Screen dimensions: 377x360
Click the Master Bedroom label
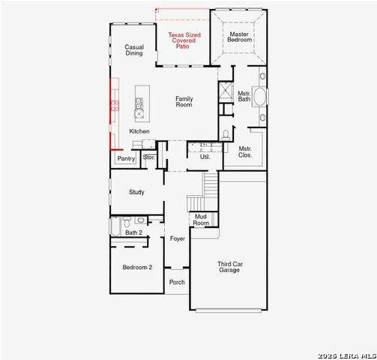pos(240,37)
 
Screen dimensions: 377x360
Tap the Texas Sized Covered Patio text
pos(184,40)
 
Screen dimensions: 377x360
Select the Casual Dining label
pos(134,50)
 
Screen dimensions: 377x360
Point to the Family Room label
pos(184,102)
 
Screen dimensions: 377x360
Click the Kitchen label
pos(139,131)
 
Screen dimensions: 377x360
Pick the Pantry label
pos(126,158)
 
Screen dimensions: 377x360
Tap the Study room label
pos(136,192)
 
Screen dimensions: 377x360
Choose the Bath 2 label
pos(133,232)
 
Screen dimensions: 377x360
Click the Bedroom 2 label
pos(137,267)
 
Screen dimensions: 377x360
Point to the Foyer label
pos(178,238)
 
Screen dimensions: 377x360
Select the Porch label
pos(177,282)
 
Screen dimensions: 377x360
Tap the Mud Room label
pos(201,220)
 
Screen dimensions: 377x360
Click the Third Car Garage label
pos(230,267)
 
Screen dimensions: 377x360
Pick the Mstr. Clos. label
pos(245,152)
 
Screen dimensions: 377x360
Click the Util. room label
pos(205,157)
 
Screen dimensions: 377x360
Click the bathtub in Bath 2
pos(115,226)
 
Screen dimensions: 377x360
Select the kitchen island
pos(142,103)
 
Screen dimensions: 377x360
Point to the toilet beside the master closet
pos(226,135)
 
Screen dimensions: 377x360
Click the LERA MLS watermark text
pos(347,355)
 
